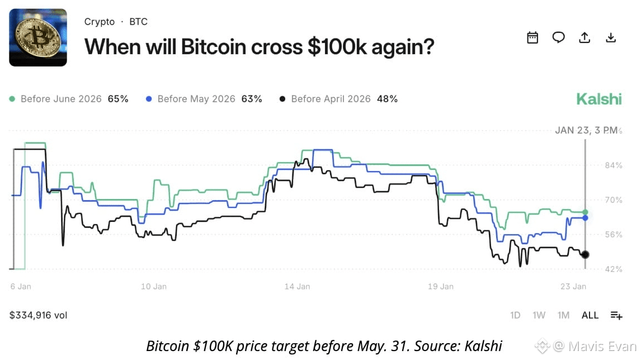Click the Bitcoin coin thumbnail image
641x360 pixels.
38,37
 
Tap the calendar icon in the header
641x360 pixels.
532,37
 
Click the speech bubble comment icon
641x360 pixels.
558,37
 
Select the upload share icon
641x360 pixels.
585,37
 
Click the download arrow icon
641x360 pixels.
611,37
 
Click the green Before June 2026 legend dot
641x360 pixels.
12,99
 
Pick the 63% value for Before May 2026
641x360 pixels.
251,99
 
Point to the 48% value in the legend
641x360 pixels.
387,99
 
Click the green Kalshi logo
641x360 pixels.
599,99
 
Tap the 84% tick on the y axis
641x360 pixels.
613,165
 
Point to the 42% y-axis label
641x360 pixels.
613,269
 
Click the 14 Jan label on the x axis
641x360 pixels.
297,286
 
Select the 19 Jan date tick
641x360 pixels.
441,286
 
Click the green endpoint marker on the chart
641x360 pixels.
586,212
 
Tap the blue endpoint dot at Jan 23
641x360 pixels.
586,218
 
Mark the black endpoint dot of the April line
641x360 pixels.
586,254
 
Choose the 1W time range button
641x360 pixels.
539,315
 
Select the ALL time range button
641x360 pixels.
590,315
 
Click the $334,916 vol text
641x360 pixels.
39,315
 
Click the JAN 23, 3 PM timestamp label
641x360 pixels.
586,130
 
